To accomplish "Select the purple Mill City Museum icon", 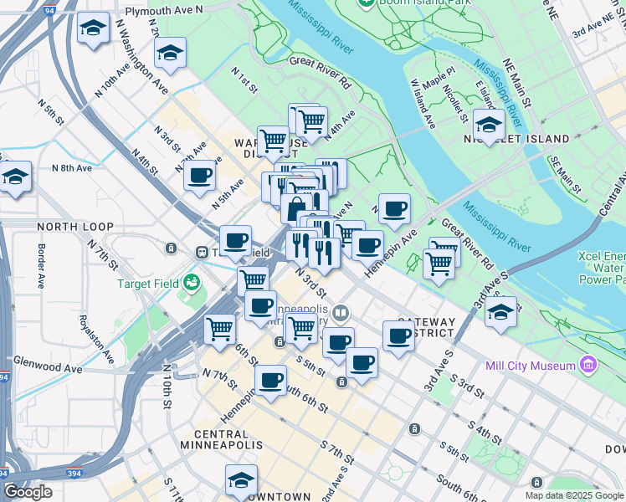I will click(x=588, y=366).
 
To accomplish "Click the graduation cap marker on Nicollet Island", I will click(x=488, y=125).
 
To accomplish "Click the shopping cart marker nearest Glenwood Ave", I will click(x=220, y=329).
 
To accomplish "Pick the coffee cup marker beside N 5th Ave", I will click(x=200, y=176).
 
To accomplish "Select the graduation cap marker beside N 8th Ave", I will click(x=15, y=177).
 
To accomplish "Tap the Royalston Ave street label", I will click(x=95, y=338).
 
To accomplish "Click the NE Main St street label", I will click(x=516, y=83).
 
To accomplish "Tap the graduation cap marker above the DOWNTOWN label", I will click(x=241, y=480).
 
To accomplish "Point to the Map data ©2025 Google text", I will click(x=573, y=495).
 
